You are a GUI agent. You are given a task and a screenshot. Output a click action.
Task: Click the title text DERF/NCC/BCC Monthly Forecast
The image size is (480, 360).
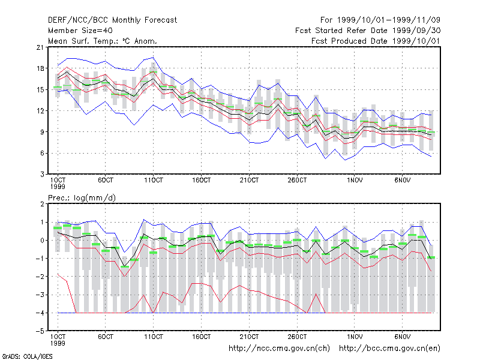point(112,20)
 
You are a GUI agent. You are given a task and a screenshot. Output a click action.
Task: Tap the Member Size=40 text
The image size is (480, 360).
point(80,31)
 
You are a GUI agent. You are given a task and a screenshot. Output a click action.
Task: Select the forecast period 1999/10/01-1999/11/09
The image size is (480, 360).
point(388,20)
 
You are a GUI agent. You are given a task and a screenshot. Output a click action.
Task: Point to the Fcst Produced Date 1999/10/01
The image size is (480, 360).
point(376,41)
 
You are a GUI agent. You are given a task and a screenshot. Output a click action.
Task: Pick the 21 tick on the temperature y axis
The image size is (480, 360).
point(40,47)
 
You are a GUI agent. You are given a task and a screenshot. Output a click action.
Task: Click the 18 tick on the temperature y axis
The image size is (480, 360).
point(40,68)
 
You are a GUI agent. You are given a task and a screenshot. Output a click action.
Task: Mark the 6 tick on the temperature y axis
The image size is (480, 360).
point(41,153)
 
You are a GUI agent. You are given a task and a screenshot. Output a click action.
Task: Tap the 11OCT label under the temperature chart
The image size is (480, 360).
point(154,181)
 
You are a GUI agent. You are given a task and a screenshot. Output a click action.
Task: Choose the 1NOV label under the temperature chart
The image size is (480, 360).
point(355,181)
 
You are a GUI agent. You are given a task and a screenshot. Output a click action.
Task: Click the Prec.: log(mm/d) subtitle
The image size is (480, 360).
point(82,198)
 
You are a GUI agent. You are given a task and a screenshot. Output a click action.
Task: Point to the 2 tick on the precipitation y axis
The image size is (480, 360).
point(41,204)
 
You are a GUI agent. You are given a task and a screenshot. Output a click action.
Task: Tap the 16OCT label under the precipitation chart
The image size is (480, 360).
point(202,337)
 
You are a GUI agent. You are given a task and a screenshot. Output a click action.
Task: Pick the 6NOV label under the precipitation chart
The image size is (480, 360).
point(402,337)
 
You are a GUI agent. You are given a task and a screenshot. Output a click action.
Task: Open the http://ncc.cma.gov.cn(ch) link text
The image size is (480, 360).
point(279,349)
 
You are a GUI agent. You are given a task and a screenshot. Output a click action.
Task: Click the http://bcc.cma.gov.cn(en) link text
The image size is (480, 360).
point(389,349)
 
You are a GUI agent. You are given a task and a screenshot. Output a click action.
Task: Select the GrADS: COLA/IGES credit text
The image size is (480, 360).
point(27,356)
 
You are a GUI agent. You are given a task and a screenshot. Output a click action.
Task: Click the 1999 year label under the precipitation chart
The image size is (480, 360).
point(58,343)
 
